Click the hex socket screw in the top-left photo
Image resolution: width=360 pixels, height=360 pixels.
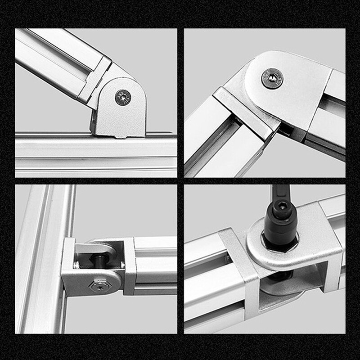[123, 97]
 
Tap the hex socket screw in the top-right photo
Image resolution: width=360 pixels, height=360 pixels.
[272, 78]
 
